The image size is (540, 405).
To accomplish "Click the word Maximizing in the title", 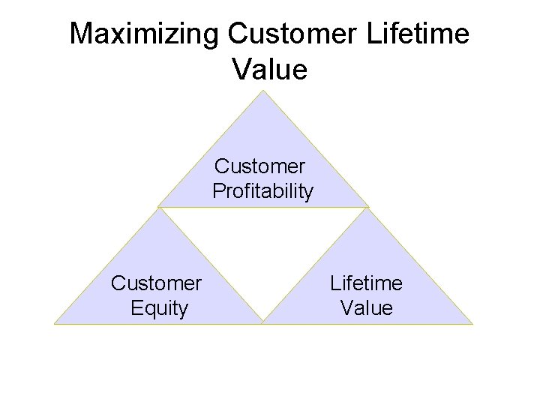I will [145, 34].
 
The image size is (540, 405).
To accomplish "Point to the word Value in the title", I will [270, 70].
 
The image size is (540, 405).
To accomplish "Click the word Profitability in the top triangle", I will [262, 191].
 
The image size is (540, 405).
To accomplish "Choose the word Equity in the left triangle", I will [158, 308].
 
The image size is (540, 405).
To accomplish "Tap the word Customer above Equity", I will [156, 283].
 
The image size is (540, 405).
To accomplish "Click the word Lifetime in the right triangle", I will [366, 283].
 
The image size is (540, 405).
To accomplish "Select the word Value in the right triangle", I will [366, 308].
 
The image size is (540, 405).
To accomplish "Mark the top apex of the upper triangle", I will [263, 91].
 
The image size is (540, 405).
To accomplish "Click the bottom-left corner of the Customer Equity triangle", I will [55, 324].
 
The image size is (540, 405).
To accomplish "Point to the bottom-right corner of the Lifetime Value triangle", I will [472, 324].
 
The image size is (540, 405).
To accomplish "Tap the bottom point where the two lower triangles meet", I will [263, 324].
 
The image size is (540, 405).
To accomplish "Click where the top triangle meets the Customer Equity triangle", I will [159, 207].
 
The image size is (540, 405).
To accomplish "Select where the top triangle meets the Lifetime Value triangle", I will [368, 207].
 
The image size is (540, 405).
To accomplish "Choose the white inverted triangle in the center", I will [263, 247].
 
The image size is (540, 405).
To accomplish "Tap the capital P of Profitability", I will [218, 191].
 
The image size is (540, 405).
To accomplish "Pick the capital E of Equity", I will [136, 308].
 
